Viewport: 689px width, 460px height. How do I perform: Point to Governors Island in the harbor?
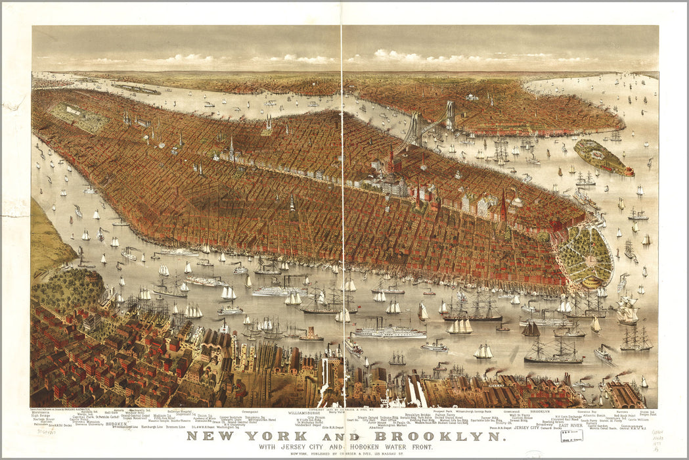pos(602,158)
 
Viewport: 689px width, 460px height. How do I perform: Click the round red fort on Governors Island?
pos(629,172)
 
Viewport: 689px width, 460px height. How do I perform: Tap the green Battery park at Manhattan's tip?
pos(585,256)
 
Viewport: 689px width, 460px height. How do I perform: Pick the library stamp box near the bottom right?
pos(570,436)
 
